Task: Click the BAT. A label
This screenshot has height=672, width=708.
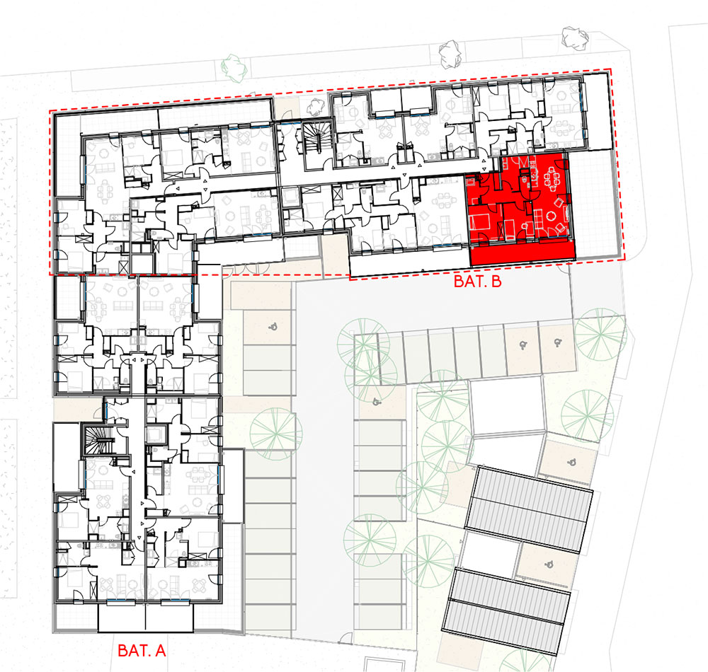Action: (142, 650)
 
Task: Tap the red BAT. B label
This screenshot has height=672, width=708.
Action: (477, 282)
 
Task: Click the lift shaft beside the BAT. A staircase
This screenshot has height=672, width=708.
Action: (156, 434)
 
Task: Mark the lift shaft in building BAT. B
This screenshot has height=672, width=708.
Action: (290, 197)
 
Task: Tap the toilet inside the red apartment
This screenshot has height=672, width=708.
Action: (524, 179)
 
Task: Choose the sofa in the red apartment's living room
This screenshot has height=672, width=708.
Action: (538, 219)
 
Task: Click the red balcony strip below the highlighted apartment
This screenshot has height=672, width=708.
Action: (523, 254)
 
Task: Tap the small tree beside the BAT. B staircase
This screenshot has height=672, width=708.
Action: (316, 106)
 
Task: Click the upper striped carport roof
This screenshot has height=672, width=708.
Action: (529, 509)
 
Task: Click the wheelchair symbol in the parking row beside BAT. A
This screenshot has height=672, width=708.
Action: (273, 326)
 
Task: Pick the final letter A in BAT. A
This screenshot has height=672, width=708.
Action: (160, 650)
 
